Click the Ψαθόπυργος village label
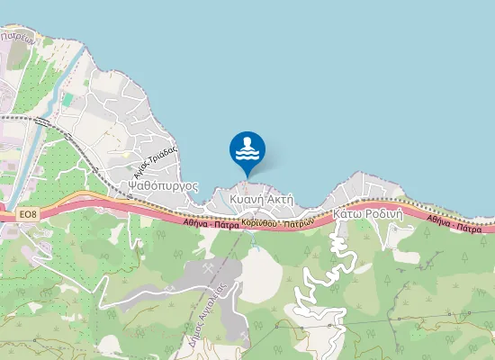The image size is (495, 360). click(x=158, y=184)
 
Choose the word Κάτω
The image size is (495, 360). click(x=349, y=215)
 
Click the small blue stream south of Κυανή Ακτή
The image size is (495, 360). click(x=255, y=241)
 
